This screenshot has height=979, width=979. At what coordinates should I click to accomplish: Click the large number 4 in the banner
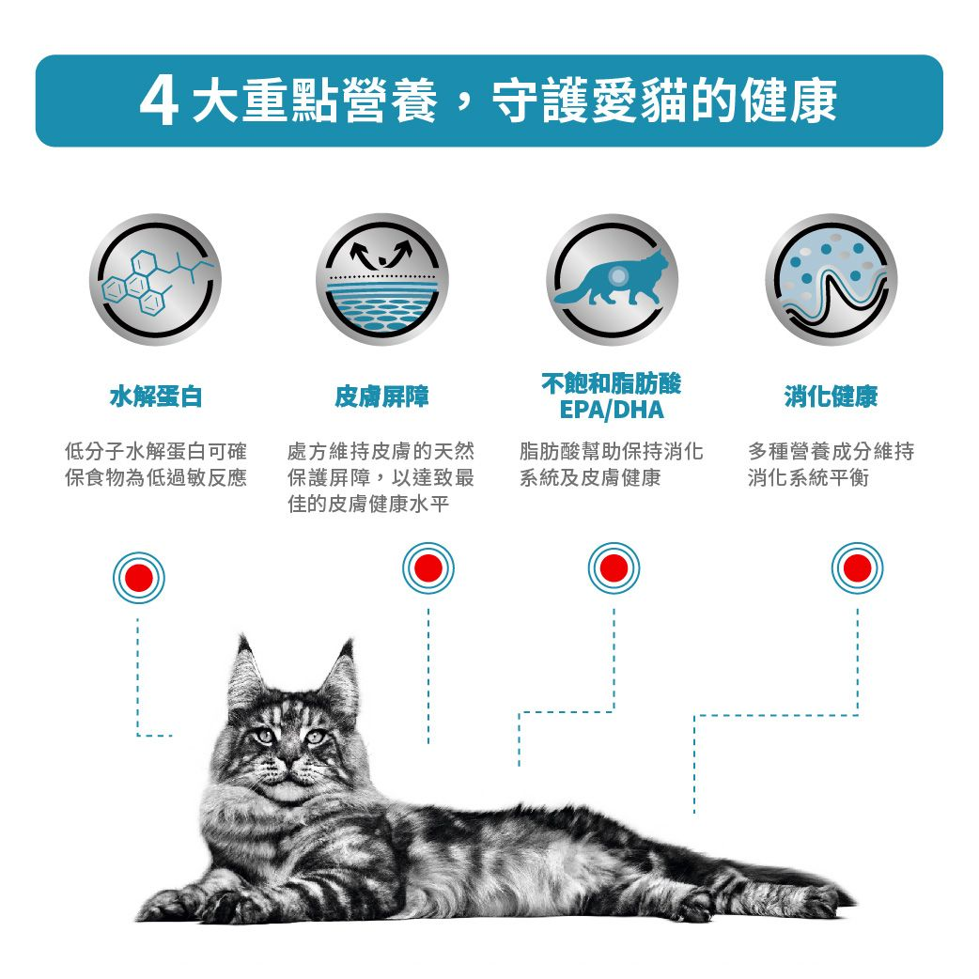pos(160,101)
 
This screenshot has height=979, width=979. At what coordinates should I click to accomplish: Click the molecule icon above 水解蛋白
pos(156,280)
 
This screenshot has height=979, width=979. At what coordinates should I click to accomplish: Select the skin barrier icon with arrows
pos(381,280)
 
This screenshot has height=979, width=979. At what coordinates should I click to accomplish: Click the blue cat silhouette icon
pos(612,280)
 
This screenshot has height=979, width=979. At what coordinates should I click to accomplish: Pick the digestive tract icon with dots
pos(831,280)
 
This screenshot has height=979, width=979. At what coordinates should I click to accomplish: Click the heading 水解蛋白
pos(156,397)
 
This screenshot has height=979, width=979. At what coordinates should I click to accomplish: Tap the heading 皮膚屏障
pos(381,397)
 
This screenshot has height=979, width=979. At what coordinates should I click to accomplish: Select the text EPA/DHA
pos(611,411)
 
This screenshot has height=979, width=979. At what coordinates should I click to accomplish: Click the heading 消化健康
pos(831,397)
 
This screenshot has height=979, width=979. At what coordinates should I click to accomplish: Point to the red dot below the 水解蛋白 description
pos(138,577)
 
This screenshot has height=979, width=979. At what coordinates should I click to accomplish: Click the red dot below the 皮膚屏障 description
pos(427,568)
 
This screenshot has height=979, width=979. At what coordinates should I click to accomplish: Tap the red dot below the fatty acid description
pos(614,568)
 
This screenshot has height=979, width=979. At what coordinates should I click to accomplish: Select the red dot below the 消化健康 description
pos(857,568)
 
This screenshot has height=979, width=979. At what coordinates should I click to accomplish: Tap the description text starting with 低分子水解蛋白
pos(156,465)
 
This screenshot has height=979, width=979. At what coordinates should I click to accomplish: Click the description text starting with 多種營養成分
pos(831,465)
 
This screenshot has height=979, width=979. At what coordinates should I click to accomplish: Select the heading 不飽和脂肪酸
pos(611,383)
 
